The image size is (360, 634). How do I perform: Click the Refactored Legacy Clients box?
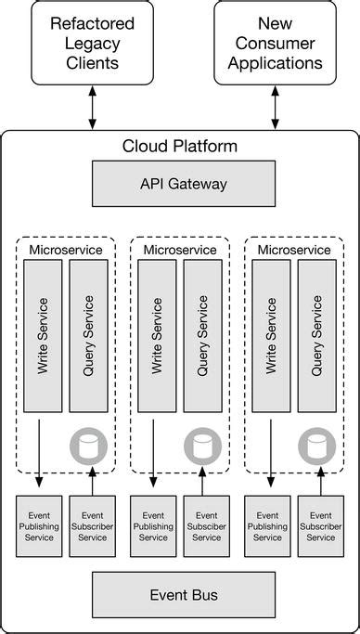point(91,43)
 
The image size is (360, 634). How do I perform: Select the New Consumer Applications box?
point(275,43)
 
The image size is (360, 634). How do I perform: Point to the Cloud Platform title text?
point(180,147)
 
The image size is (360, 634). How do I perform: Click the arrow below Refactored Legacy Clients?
point(91,109)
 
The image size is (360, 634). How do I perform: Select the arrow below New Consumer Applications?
point(275,109)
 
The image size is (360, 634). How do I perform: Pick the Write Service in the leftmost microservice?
point(43,335)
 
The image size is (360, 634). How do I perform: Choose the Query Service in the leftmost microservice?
point(88,335)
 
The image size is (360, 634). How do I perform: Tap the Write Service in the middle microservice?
point(157,335)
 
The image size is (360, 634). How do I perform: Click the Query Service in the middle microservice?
point(202,335)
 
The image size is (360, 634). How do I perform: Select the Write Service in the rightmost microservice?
point(271,335)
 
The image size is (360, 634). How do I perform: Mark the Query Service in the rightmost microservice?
point(316,335)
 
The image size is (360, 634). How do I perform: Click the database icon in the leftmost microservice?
point(89,447)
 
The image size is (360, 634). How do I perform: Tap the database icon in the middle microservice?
point(202,447)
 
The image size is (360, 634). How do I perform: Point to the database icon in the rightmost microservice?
point(316,447)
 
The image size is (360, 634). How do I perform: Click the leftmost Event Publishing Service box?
point(39,525)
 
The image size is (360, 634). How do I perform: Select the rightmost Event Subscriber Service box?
point(320,525)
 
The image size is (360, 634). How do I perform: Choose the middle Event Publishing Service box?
point(153,525)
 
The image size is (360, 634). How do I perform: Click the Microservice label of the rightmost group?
point(294,250)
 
